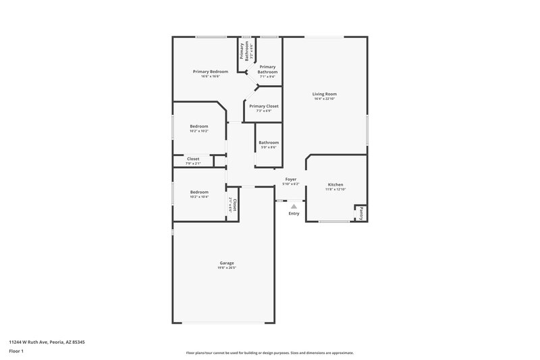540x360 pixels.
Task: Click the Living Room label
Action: point(324,94)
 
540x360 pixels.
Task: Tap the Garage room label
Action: point(226,263)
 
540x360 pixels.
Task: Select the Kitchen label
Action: point(335,184)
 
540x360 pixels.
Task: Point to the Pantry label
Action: point(361,213)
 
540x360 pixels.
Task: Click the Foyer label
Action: point(291,179)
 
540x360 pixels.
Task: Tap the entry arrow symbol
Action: point(294,206)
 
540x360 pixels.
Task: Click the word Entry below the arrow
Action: point(294,213)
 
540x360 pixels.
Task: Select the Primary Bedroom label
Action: point(210,72)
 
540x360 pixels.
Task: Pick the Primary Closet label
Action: point(263,106)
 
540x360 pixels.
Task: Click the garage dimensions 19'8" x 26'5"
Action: point(226,268)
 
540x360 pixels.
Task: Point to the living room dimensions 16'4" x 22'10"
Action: point(324,99)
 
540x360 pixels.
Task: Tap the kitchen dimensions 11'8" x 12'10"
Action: point(335,190)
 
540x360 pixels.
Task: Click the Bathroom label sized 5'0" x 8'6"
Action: point(268,143)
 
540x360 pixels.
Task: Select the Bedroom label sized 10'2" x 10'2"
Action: point(198,126)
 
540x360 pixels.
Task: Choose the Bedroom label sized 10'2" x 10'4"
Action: point(198,192)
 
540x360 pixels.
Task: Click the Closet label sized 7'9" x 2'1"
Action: point(193,159)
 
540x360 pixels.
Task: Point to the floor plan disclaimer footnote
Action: point(269,353)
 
